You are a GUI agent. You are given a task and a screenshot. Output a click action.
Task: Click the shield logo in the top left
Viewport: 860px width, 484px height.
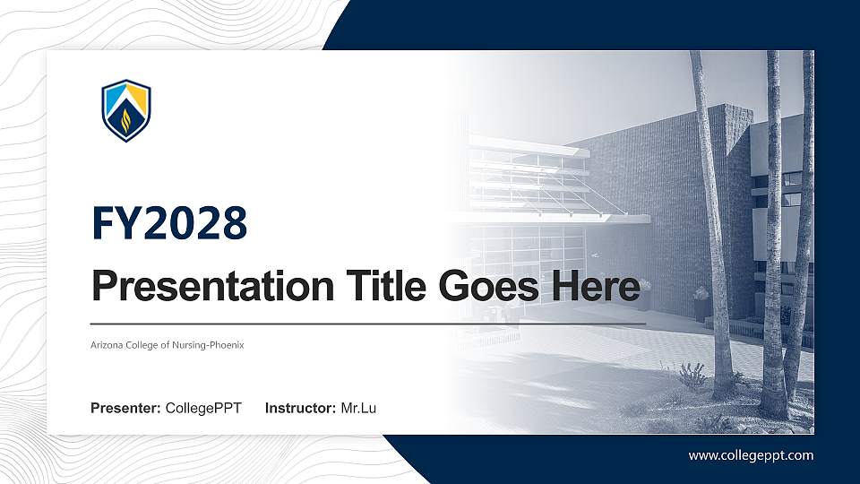tap(125, 111)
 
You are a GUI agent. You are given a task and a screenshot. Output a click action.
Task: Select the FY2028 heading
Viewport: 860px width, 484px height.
tap(169, 223)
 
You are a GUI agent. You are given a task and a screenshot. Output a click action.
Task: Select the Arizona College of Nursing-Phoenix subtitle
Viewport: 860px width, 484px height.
tap(168, 344)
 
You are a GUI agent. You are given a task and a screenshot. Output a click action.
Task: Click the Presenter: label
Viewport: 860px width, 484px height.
tap(125, 409)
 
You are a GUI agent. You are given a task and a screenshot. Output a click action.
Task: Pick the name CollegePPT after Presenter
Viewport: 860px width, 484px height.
tap(203, 409)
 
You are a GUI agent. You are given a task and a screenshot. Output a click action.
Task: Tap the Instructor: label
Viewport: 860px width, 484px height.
tap(301, 409)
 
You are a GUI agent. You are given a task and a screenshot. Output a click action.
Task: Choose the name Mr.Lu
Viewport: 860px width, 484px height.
tap(358, 409)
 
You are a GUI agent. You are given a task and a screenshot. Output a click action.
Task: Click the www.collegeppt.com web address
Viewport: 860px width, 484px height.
tap(751, 455)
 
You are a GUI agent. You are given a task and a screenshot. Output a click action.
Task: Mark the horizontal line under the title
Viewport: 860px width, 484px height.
tap(367, 323)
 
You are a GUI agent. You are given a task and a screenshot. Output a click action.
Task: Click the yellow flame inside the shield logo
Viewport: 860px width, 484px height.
tap(125, 119)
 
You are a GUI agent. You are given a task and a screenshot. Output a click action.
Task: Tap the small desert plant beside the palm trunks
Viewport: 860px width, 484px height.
tap(692, 375)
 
